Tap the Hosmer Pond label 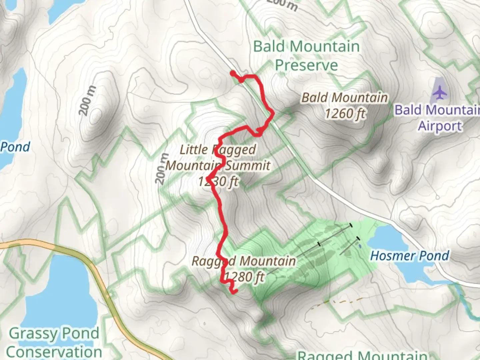coord(410,256)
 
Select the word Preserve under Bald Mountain coord(306,65)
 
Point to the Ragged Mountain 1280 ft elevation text coord(244,277)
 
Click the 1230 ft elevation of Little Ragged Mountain coord(218,182)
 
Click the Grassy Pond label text coord(54,333)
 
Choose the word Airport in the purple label coord(440,126)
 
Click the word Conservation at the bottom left coord(54,352)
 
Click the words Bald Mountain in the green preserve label coord(306,46)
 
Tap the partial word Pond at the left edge coord(15,147)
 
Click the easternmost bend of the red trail coord(273,114)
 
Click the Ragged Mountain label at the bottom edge coord(362,355)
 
